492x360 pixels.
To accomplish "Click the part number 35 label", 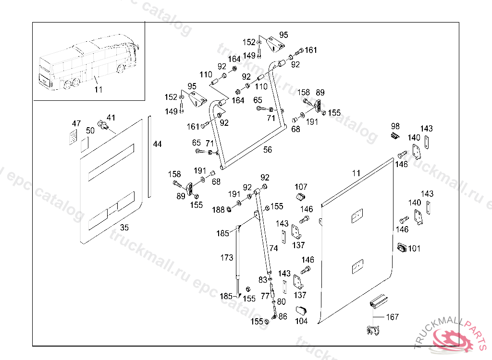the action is pos(124,228).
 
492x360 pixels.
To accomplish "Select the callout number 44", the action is pos(157,144).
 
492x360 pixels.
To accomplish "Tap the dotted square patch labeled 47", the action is pos(73,137).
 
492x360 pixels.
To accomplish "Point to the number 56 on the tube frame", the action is pos(267,150).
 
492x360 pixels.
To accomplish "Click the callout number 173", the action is pos(227,257).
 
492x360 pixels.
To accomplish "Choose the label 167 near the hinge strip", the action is pos(392,317).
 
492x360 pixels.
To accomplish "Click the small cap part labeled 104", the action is pos(301,310).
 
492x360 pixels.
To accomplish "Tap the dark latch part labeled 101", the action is pos(402,248).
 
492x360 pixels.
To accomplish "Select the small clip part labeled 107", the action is pos(301,197).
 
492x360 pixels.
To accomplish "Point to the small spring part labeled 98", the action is pos(395,136).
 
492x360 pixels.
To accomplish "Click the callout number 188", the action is pos(218,209).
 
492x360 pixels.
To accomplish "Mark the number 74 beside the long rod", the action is pos(273,248).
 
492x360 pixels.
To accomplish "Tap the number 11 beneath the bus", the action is pos(98,89).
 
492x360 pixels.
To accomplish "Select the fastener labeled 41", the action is pos(103,125).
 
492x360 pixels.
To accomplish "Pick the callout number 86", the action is pos(283,316).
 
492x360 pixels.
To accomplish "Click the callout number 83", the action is pos(263,279).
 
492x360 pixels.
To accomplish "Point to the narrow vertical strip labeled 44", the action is pos(149,157).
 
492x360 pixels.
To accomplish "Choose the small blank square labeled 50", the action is pos(85,144).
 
